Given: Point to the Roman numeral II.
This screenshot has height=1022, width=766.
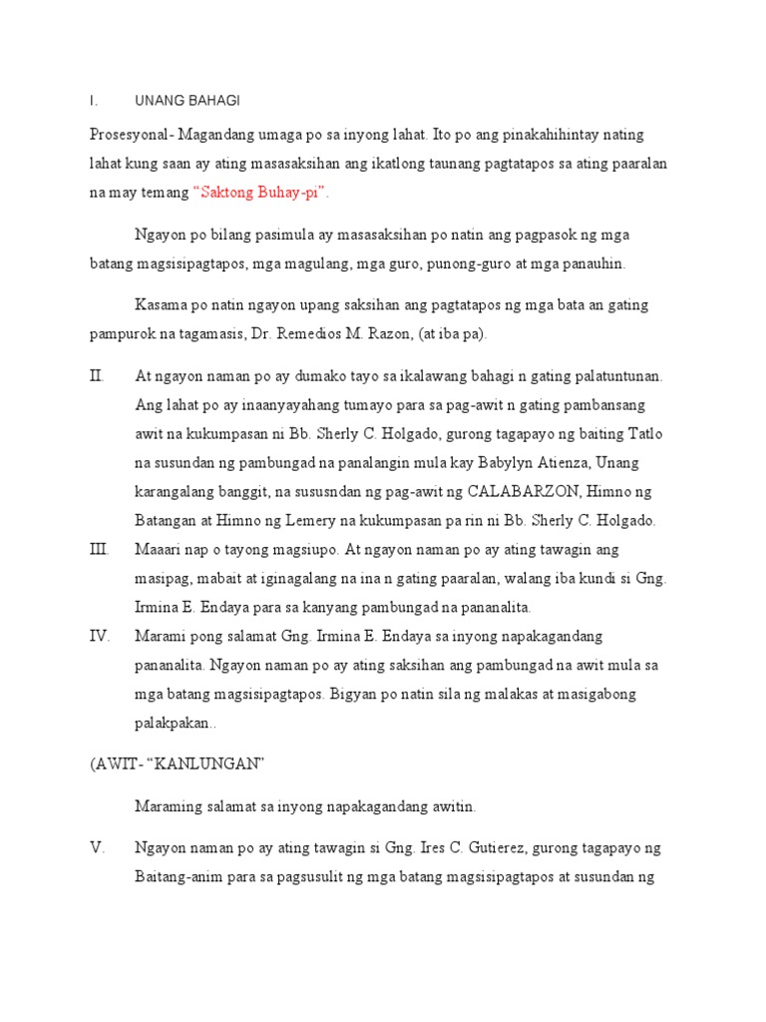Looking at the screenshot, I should click(x=97, y=376).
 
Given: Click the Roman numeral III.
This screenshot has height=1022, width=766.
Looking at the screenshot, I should click(x=99, y=550).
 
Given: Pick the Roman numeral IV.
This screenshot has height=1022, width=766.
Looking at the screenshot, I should click(x=100, y=636).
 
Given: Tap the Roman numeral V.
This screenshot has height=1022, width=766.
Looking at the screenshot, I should click(x=97, y=848).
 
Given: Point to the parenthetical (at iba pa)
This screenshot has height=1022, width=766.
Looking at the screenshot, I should click(x=469, y=332).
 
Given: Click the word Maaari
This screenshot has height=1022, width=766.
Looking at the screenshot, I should click(x=158, y=550).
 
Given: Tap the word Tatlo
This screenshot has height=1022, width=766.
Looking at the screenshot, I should click(x=643, y=434).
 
